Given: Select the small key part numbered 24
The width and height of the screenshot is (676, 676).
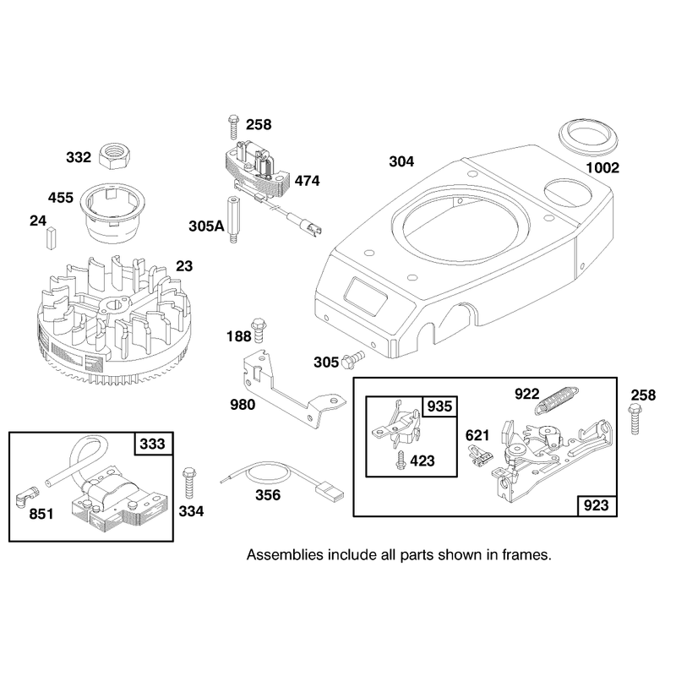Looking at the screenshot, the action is [x=52, y=238].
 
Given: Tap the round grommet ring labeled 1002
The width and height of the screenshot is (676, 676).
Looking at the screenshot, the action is [x=588, y=137].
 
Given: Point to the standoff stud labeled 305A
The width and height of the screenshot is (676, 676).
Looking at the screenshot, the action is [x=233, y=220].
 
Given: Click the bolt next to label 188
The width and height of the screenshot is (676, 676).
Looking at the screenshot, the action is [x=259, y=330].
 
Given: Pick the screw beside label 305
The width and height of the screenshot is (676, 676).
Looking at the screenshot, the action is [x=352, y=360].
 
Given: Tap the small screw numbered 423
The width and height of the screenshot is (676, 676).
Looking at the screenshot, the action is [x=401, y=460].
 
